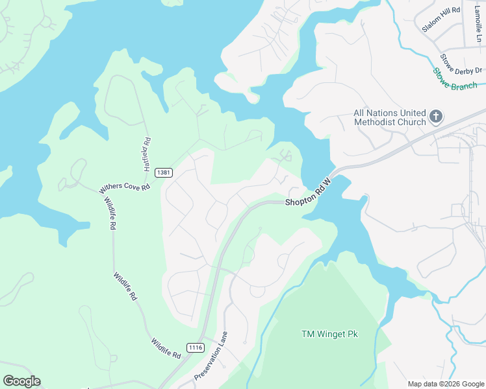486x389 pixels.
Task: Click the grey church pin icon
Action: coord(436,117)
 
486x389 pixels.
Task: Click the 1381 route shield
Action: coord(164,172)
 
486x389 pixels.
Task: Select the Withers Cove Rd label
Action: coord(124,187)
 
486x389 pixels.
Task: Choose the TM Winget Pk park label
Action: coord(329,334)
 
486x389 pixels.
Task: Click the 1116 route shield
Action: coord(195,348)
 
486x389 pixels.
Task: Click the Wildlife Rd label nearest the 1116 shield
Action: coord(166,348)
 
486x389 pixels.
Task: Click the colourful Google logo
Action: coord(21,381)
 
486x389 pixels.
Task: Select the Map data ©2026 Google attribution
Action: coord(445,383)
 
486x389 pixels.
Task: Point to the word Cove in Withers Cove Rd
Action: coord(127,187)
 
